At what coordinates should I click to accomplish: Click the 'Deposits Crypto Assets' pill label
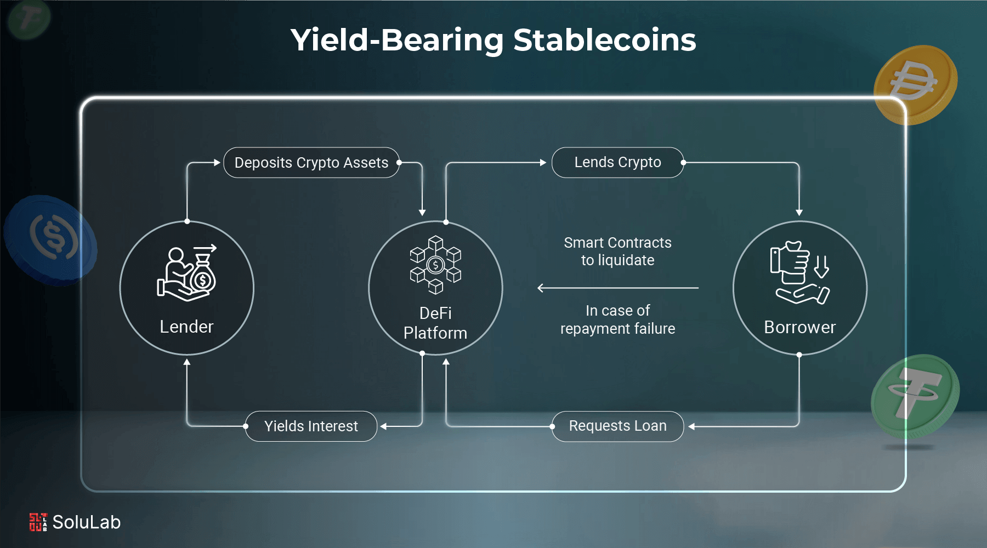point(311,163)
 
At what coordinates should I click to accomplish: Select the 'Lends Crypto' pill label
point(617,162)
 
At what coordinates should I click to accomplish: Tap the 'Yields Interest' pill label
point(311,426)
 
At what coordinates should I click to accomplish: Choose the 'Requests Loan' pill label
point(617,426)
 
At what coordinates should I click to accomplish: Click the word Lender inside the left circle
point(186,327)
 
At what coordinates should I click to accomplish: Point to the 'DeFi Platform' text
point(435,323)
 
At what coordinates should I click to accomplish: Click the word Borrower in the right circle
point(799,327)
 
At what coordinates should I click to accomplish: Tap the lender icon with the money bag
point(188,273)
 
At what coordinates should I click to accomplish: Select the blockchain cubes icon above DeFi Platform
point(435,265)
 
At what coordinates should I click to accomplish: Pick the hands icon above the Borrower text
point(799,272)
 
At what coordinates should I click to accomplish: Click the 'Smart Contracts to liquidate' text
point(617,252)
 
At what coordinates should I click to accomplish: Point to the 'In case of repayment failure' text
point(617,319)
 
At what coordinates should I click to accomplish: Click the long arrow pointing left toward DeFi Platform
point(617,288)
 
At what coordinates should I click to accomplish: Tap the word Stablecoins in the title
point(604,40)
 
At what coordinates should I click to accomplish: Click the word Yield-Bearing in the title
point(397,40)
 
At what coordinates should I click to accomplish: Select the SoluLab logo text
point(87,522)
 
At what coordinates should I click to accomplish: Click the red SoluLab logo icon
point(38,522)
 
